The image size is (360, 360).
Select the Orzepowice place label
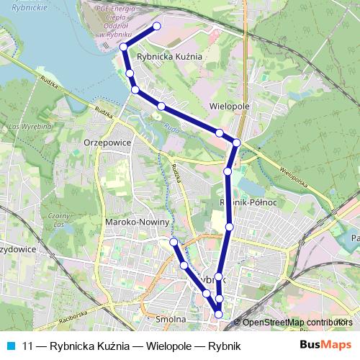coord(106,143)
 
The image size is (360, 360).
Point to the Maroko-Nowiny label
coord(136,222)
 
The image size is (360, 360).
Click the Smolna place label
coord(171,318)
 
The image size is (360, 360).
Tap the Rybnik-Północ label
coord(248,203)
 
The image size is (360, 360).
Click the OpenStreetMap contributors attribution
coord(297,323)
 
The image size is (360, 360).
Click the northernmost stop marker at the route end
coord(157,27)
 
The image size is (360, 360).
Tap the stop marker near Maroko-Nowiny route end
coord(173,242)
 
